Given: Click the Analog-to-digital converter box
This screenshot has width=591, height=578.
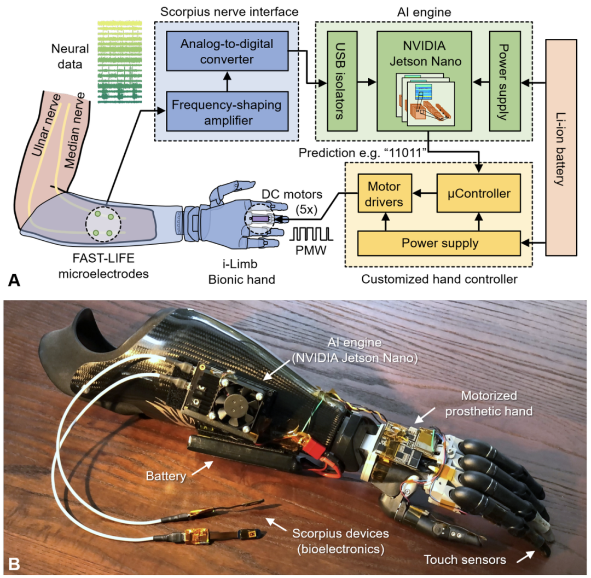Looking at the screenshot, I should [228, 51].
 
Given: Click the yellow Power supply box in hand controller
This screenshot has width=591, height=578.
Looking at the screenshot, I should [439, 242].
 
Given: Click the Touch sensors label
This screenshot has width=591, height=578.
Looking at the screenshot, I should [464, 559].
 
